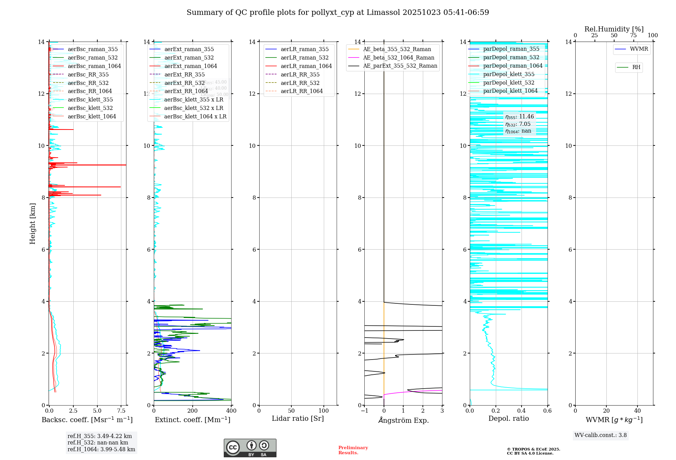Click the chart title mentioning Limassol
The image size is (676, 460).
[x=338, y=13]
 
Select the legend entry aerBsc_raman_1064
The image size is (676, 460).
[x=94, y=66]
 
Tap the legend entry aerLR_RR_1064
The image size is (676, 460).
[x=301, y=91]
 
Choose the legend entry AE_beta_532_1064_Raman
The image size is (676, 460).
[x=399, y=57]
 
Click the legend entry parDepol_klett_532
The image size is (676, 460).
[x=509, y=83]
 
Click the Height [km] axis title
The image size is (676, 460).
[x=32, y=224]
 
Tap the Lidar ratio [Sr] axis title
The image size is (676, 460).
[x=298, y=418]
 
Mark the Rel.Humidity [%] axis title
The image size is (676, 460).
[x=614, y=29]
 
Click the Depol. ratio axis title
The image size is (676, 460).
[x=508, y=418]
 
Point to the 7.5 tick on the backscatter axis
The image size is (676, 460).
[x=121, y=411]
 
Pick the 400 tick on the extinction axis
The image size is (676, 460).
[x=231, y=411]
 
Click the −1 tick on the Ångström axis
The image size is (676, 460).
[x=364, y=411]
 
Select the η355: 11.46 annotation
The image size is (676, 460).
[x=520, y=117]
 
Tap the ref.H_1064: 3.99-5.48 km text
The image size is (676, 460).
[x=101, y=449]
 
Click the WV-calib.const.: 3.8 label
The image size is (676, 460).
[x=600, y=435]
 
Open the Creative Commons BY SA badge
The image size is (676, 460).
[x=250, y=448]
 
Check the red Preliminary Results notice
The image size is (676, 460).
[x=353, y=450]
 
